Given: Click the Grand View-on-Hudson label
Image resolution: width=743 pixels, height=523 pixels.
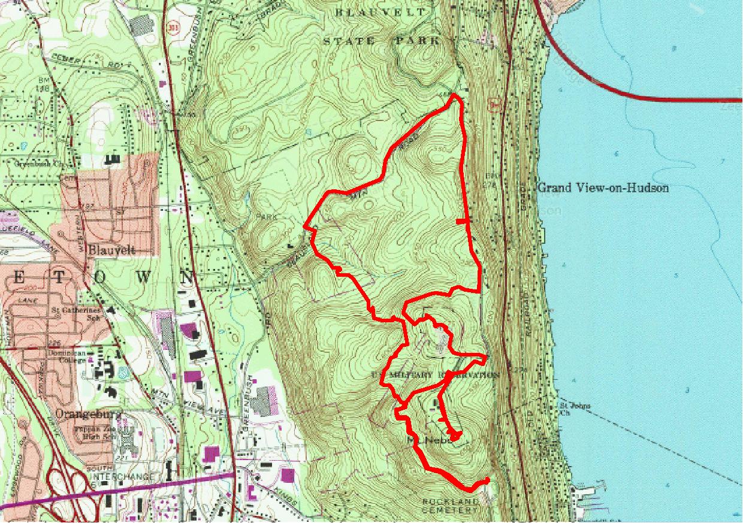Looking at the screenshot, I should [603, 188].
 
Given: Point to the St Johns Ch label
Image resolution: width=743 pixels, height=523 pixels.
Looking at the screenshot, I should [573, 409].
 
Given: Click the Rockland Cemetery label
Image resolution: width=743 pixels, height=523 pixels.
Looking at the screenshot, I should [451, 506].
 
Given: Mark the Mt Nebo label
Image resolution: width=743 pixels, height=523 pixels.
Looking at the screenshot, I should [428, 440].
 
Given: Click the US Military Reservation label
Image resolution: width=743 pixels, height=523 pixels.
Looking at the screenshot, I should [435, 375].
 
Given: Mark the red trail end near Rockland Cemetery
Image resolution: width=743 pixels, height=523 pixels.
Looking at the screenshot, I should [487, 480].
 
